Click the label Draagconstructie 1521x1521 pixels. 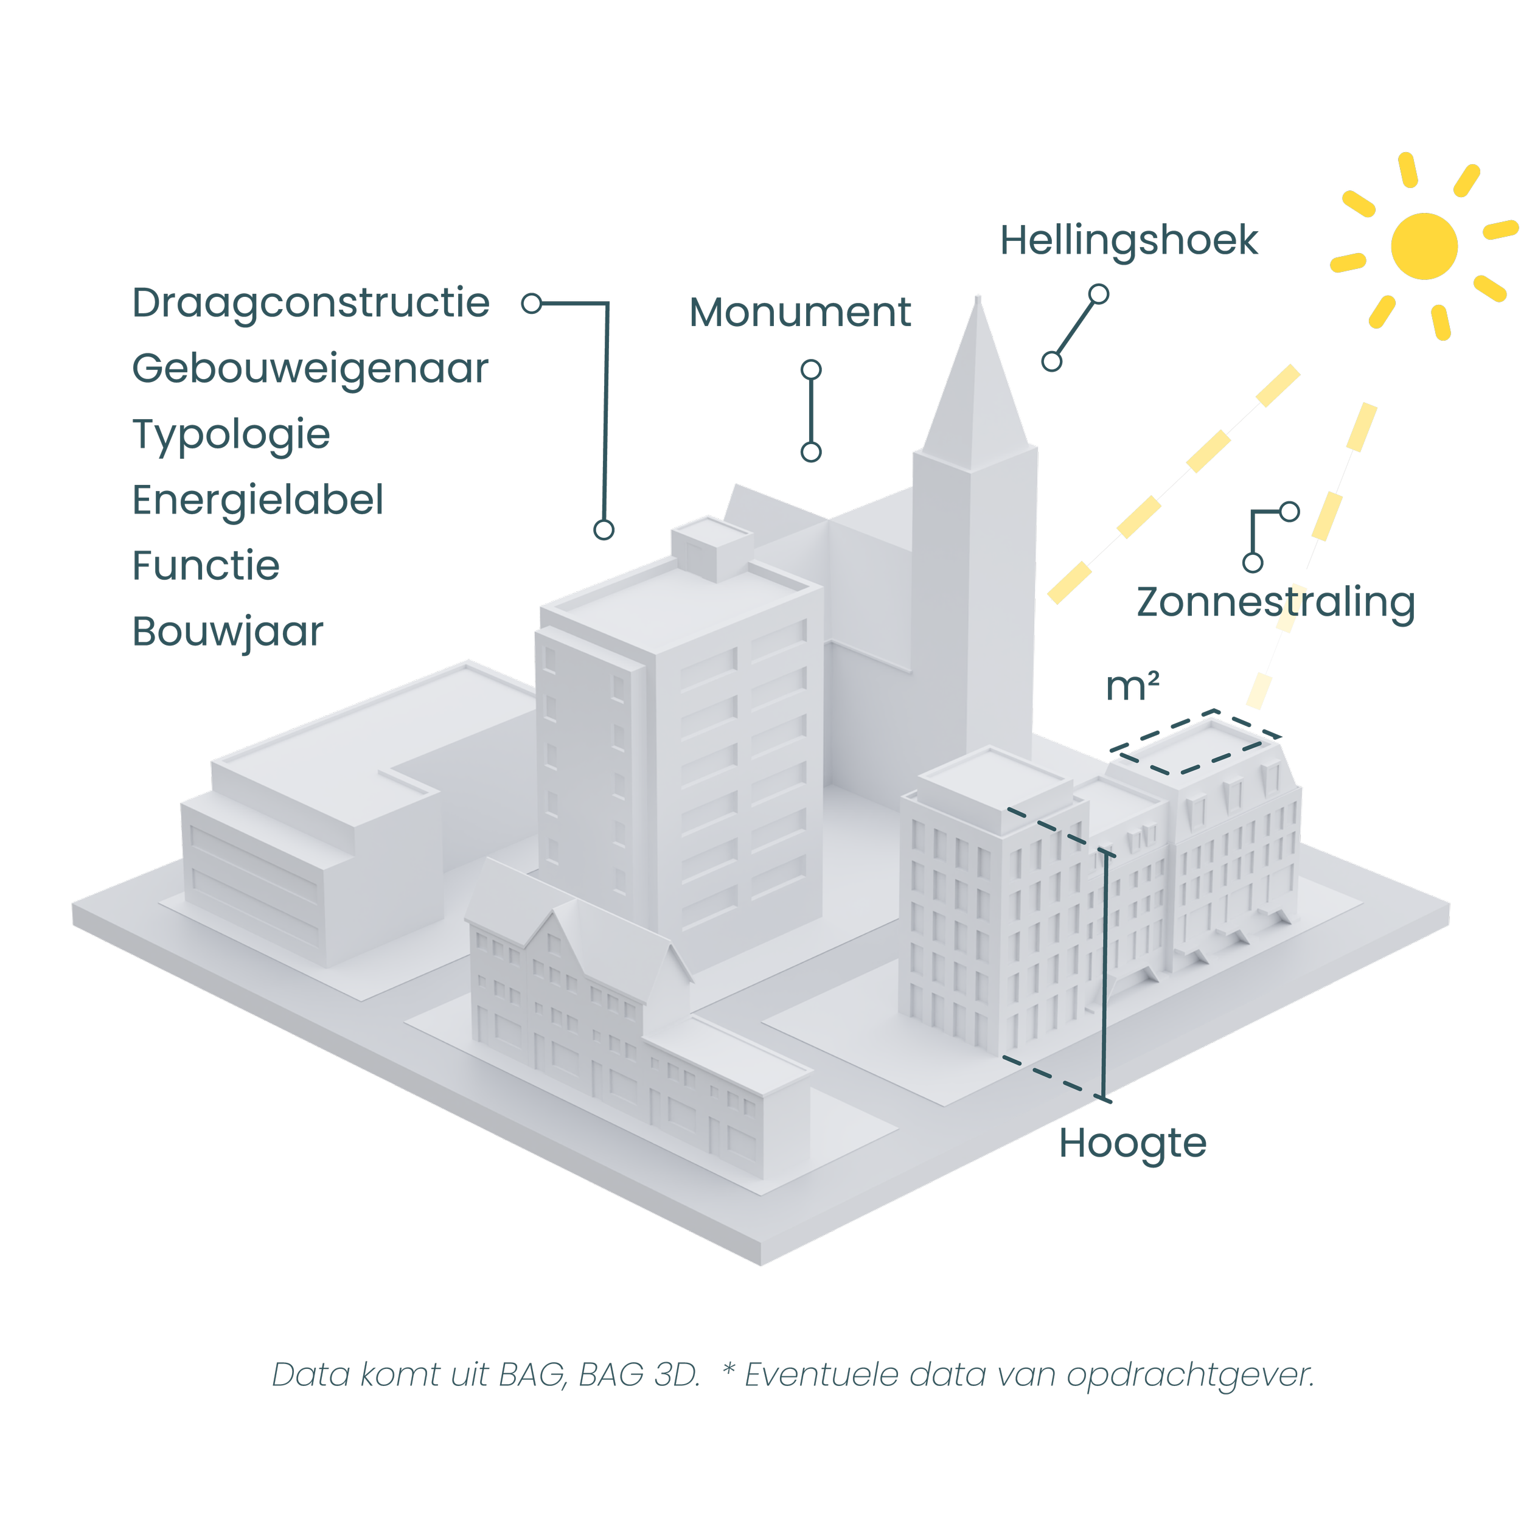point(311,303)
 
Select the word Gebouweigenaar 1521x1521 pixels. point(310,369)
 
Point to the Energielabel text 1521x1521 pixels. point(257,501)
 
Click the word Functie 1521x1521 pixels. point(206,566)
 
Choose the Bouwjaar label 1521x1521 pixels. point(228,632)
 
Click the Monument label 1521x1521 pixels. point(800,313)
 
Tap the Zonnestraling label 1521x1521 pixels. point(1275,603)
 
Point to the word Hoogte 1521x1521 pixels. point(1132,1143)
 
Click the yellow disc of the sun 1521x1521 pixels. point(1424,246)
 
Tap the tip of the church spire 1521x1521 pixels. point(978,299)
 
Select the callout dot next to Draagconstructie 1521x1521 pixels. point(532,303)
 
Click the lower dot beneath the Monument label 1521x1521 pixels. point(811,452)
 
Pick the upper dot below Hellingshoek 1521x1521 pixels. point(1098,294)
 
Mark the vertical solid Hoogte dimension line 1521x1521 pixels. point(1105,976)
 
